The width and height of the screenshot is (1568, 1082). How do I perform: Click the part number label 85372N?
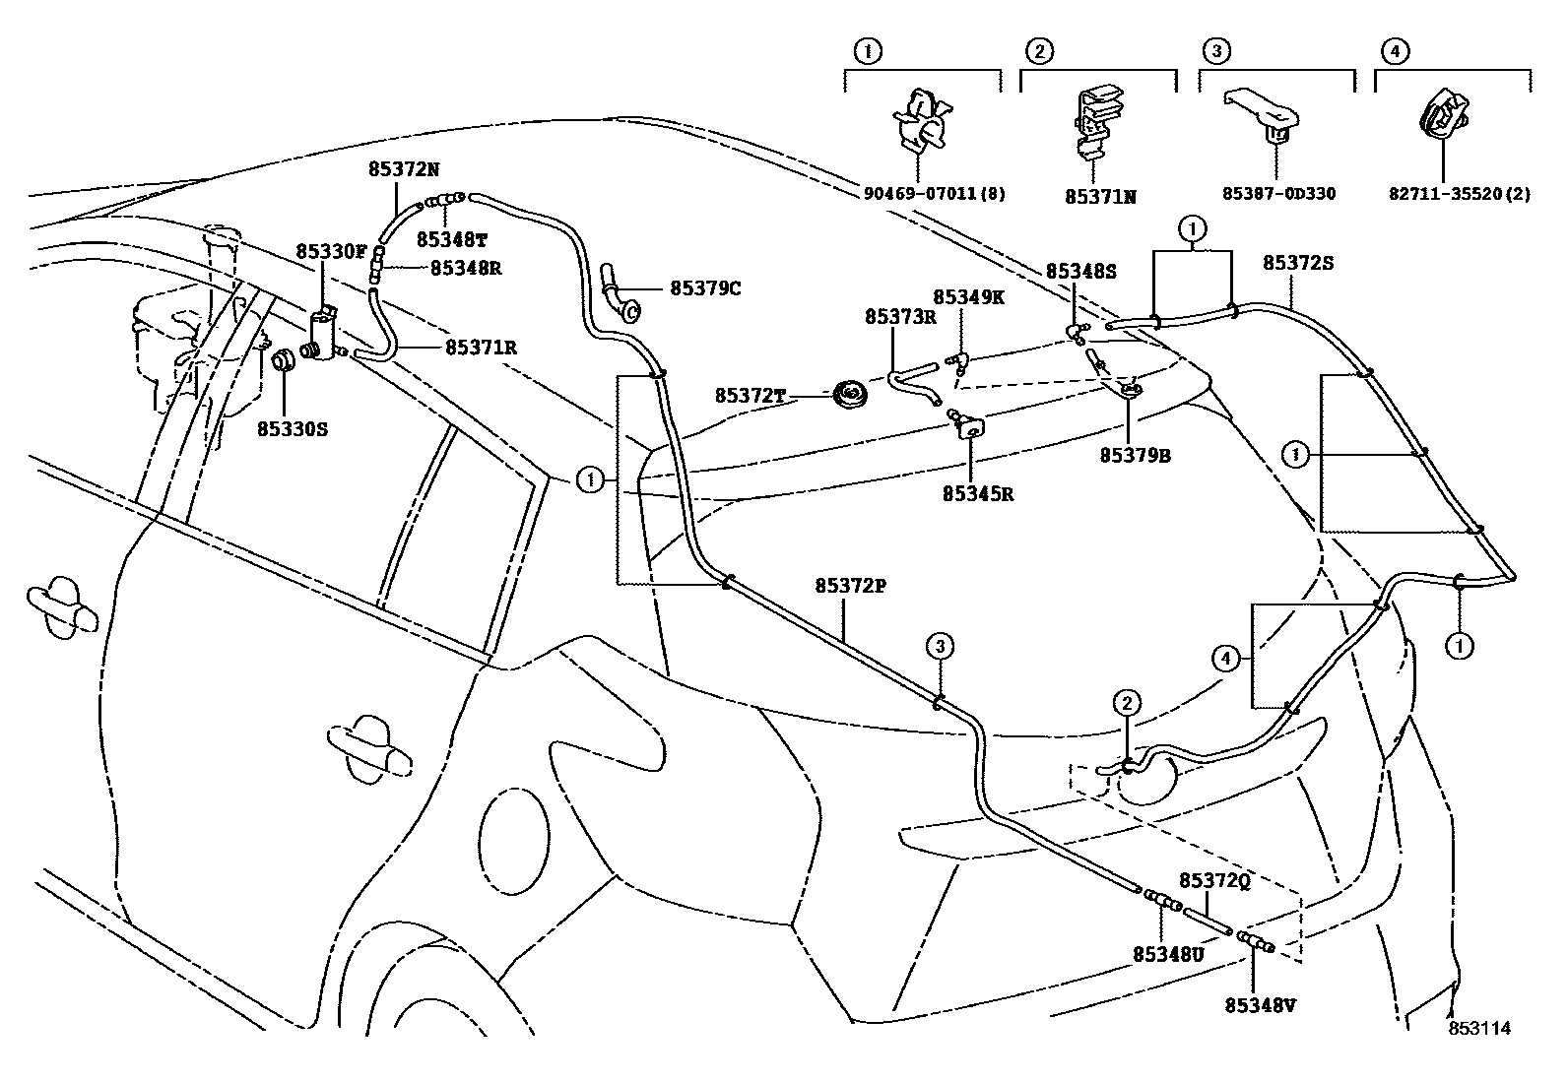pos(403,168)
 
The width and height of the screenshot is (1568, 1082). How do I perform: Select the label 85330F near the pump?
pos(331,252)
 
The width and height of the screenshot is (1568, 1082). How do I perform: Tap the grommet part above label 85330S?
pos(284,360)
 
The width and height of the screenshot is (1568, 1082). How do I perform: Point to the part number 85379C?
pos(705,288)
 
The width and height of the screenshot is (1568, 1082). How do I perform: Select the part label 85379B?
pos(1135,456)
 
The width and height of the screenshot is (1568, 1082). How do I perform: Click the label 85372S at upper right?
pos(1298,263)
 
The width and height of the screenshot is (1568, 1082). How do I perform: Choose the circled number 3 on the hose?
pos(940,647)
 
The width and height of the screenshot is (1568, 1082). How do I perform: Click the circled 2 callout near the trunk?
pos(1127,702)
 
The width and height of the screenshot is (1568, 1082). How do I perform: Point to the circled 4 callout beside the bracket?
pos(1225,658)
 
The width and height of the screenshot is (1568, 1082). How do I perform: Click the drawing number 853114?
pos(1477,1028)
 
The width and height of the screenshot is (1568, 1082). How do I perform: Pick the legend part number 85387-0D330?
pos(1278,194)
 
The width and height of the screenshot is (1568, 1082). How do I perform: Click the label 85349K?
pos(968,296)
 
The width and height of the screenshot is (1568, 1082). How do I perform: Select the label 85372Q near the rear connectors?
pos(1213,881)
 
